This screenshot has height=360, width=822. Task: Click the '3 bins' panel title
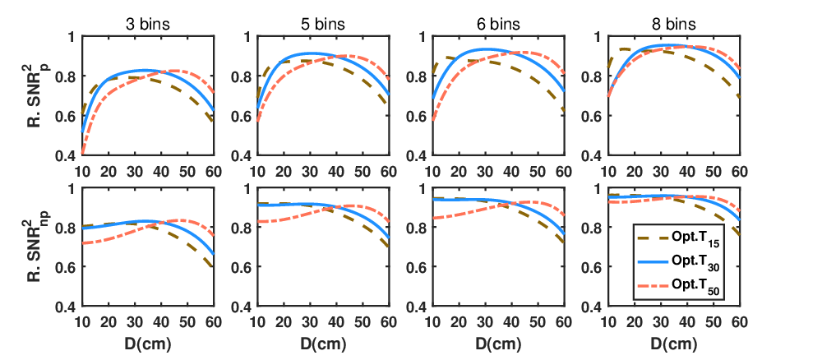coord(148,25)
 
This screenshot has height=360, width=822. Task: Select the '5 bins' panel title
coord(323,25)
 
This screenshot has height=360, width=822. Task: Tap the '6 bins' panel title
coord(498,25)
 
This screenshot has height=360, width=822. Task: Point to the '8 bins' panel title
coord(674,25)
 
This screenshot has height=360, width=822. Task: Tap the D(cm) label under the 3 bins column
coord(148,345)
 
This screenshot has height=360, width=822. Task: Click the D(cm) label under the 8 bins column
coord(674,345)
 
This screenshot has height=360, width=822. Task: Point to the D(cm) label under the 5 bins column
coord(323,345)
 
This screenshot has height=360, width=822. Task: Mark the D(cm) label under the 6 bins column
coord(499,345)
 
